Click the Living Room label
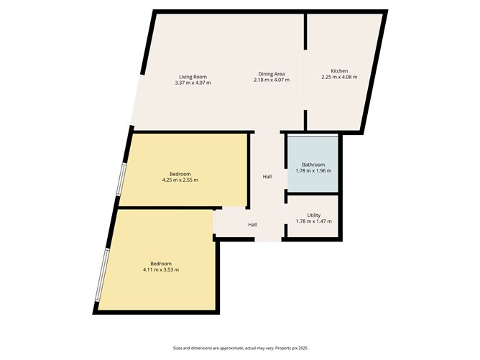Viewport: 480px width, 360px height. point(193,75)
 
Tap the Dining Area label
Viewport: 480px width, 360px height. point(272,74)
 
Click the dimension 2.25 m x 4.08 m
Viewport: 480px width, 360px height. point(339,77)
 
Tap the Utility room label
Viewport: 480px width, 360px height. point(314,215)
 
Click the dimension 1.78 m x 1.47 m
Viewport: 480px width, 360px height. point(314,221)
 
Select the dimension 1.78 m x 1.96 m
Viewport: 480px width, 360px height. point(313,171)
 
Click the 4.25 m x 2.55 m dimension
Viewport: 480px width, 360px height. point(180,180)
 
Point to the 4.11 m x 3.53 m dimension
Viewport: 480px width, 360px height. point(161,269)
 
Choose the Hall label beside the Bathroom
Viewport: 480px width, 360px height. point(267,177)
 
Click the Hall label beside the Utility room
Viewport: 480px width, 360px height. point(253,225)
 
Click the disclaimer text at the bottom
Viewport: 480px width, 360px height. point(239,347)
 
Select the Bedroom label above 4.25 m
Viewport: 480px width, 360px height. point(180,173)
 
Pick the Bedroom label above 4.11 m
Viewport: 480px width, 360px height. point(161,263)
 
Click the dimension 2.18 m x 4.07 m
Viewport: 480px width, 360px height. point(272,80)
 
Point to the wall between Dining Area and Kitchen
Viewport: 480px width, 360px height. point(306,43)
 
